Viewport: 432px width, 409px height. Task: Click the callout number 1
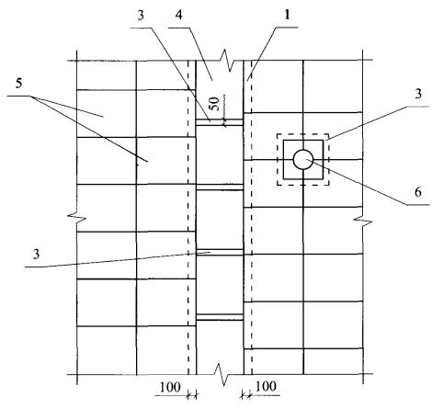[287, 15]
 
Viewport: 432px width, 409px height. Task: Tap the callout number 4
[179, 15]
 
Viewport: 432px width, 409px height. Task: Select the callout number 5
[18, 83]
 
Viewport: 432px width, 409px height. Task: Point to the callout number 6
[418, 192]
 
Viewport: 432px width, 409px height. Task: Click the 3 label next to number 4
[141, 16]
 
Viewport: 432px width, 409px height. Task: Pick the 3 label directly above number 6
[418, 93]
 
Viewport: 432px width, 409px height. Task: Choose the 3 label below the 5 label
[37, 254]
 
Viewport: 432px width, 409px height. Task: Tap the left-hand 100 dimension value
[170, 387]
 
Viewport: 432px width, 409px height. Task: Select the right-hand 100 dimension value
[266, 386]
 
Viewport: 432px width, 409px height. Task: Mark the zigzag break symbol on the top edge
[228, 60]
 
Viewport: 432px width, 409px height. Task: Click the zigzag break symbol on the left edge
[76, 217]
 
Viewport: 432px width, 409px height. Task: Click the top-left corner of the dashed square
[278, 134]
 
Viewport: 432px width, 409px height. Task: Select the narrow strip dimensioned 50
[220, 122]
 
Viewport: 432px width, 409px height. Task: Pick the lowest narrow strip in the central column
[220, 317]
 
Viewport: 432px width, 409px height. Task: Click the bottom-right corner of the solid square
[323, 179]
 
